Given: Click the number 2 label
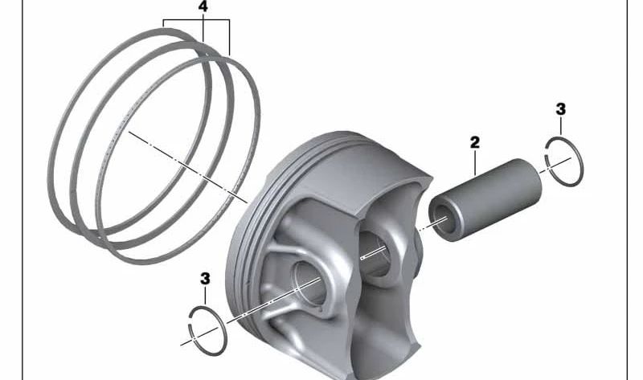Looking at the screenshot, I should click(475, 142).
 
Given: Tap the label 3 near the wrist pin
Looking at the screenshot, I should click(560, 108).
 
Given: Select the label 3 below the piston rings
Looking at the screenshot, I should click(205, 278).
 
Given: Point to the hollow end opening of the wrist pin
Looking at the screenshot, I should click(443, 215).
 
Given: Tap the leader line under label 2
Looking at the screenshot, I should click(476, 162).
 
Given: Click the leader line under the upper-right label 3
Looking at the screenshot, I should click(560, 128).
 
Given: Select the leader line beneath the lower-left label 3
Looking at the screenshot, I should click(206, 296).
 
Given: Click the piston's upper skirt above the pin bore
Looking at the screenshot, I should click(346, 173).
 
